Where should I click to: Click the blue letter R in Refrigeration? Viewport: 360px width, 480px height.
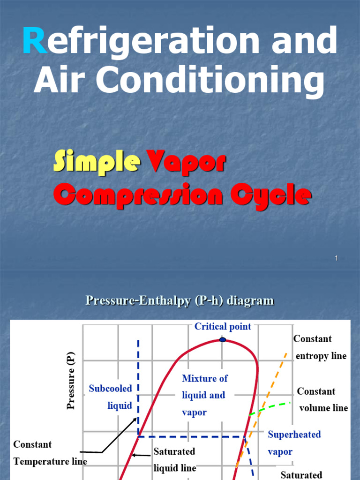pos(34,40)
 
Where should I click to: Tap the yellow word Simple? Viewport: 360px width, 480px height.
pos(97,162)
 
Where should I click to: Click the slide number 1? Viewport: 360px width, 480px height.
pos(337,258)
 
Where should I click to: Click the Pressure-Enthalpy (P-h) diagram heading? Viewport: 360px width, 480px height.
pos(180,300)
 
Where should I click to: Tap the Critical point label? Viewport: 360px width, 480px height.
pos(223,327)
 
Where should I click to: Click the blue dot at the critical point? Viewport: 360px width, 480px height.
pos(223,339)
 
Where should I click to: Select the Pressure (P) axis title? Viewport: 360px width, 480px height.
pos(71,382)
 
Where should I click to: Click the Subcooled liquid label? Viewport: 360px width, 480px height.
pos(111,397)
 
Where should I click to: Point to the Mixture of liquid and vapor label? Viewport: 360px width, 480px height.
pos(203,395)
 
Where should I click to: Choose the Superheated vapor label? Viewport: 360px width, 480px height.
pos(294,443)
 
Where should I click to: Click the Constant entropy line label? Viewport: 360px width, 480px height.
pos(321,347)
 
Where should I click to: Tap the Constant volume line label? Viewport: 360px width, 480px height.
pos(323,399)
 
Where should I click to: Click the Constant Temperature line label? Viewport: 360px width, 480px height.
pos(50,453)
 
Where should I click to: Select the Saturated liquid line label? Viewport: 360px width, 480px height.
pos(174,459)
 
